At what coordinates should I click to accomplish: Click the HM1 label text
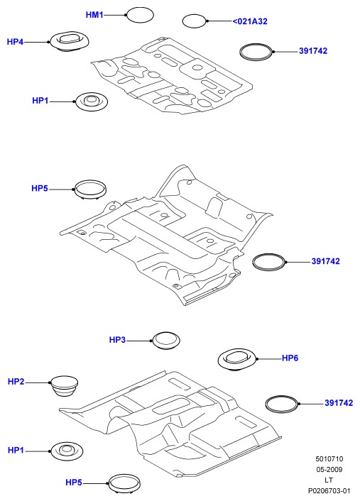point(94,15)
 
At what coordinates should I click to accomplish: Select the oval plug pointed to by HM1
point(140,15)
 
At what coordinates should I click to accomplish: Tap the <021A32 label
point(250,21)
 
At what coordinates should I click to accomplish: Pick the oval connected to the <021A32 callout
point(194,21)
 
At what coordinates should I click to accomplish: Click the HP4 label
point(16,42)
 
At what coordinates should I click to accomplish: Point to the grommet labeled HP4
point(69,41)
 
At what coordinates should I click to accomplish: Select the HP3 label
point(117,340)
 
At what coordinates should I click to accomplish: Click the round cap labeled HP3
point(165,341)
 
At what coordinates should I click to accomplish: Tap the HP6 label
point(290,358)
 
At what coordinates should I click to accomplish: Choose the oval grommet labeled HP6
point(237,360)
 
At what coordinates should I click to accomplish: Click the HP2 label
point(16,382)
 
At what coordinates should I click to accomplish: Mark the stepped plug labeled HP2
point(64,386)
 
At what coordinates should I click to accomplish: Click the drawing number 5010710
point(329,459)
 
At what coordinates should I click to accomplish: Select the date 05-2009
point(329,469)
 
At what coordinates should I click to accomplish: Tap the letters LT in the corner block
point(329,480)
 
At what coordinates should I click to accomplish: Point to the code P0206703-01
point(329,490)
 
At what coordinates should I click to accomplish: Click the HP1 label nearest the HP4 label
point(40,101)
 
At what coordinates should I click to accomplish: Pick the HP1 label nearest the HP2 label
point(16,450)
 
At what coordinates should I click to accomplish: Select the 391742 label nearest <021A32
point(313,51)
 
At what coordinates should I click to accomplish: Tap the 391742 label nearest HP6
point(339,403)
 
